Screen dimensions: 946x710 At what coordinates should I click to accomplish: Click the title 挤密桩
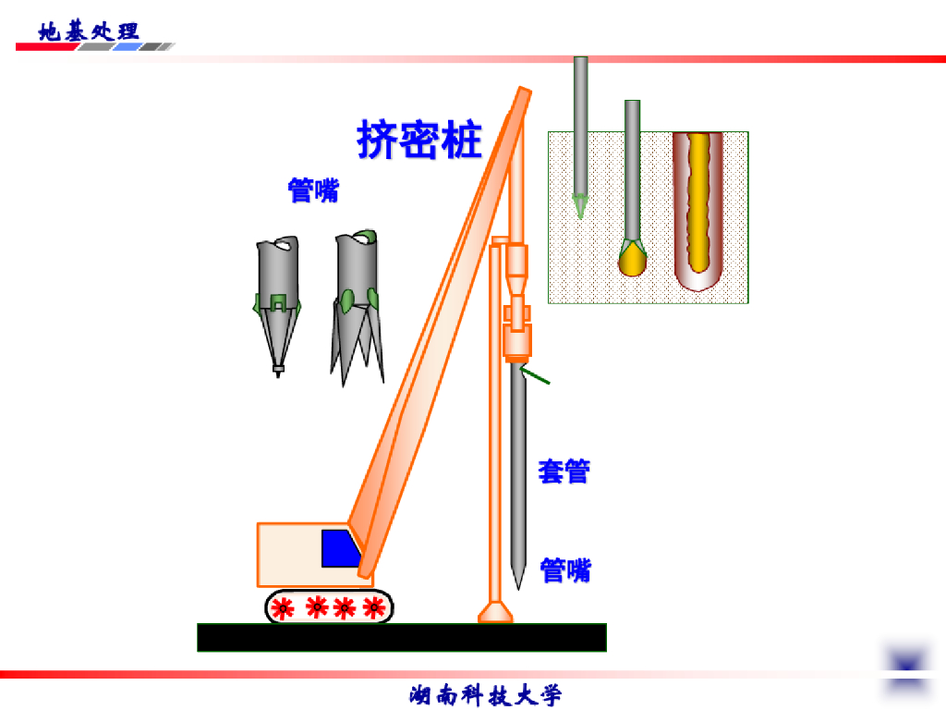(419, 141)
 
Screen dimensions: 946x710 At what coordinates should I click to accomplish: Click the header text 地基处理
(89, 31)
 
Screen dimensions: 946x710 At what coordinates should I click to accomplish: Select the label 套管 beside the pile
(564, 471)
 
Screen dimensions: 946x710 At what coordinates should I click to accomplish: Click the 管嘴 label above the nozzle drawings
(313, 190)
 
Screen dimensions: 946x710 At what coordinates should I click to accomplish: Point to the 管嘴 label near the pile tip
(565, 570)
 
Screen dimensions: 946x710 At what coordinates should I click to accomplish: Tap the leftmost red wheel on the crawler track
(283, 607)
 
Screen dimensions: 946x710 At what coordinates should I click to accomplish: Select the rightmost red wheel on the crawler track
(373, 607)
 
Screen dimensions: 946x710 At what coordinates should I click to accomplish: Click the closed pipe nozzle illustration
(277, 300)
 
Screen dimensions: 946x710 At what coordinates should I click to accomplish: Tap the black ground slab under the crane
(402, 637)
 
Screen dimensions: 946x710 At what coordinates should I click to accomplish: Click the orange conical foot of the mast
(496, 611)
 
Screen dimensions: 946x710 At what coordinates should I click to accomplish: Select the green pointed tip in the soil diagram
(580, 206)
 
